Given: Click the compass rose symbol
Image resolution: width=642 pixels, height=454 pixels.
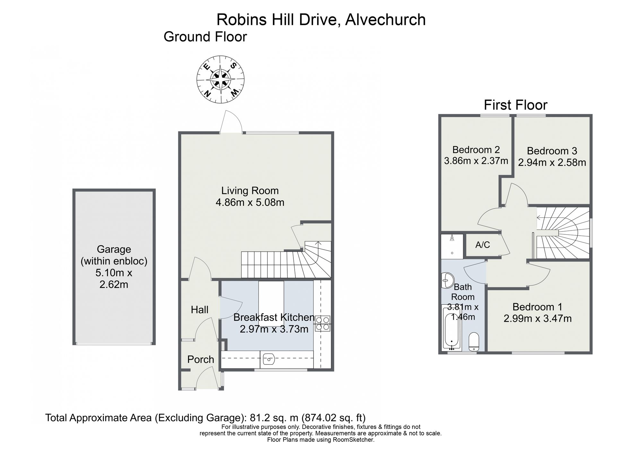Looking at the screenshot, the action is (x=221, y=80).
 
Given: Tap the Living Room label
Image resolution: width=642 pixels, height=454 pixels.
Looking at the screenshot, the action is (x=250, y=191).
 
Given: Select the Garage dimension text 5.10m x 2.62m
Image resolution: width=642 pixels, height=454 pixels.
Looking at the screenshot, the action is (x=114, y=279).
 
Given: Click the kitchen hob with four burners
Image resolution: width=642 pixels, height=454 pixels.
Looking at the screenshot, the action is (x=323, y=323).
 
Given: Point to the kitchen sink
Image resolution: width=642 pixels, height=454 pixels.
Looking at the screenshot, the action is (x=269, y=359).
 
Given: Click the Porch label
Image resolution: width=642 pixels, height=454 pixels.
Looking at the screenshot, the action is (x=201, y=360).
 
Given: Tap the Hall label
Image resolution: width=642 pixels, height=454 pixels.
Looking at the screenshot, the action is (x=200, y=310).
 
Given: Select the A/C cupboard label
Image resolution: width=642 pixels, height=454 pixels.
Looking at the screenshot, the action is (x=483, y=245).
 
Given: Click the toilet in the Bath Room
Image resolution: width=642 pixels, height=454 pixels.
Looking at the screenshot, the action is (x=474, y=342).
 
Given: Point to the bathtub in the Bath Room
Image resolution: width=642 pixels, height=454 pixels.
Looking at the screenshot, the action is (x=452, y=328).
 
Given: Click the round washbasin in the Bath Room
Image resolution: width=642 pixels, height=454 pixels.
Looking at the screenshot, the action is (x=447, y=281).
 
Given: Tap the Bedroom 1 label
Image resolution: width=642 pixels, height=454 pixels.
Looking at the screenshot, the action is (x=537, y=307).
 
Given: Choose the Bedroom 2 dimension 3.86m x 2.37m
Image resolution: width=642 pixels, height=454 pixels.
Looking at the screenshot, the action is (x=476, y=161).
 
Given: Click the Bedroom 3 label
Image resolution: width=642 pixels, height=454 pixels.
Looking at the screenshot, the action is (x=552, y=151).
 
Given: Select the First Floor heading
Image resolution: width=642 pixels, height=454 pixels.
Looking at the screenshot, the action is (x=516, y=105).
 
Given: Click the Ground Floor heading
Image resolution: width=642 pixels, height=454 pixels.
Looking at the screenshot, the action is (x=205, y=37).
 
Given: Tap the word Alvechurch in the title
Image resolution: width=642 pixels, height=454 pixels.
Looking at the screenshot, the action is (x=386, y=20).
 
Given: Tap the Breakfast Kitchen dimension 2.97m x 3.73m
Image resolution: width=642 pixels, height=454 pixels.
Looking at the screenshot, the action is (x=274, y=329).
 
